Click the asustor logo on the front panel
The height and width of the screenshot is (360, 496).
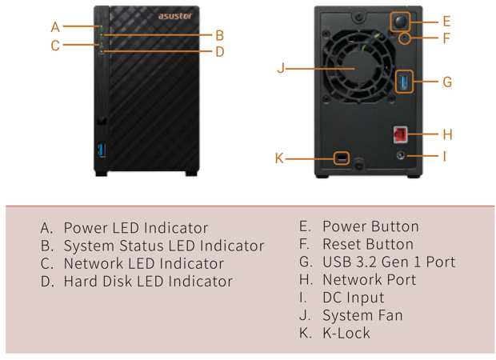[x=171, y=16]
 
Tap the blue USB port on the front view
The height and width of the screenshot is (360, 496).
[x=102, y=150]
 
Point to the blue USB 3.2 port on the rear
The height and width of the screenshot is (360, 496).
[x=406, y=81]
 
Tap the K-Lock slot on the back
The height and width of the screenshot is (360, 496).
[x=342, y=158]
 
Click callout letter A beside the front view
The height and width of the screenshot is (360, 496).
[x=55, y=27]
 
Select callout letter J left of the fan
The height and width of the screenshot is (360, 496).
[x=281, y=68]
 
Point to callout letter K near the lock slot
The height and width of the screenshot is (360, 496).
[x=279, y=158]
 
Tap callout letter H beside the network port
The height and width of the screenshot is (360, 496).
[x=447, y=134]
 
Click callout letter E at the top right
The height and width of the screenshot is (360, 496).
[x=446, y=22]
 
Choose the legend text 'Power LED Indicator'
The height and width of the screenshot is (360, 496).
[x=135, y=228]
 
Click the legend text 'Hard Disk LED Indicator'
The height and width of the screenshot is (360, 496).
[x=148, y=281]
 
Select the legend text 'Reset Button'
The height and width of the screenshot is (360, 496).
[x=367, y=244]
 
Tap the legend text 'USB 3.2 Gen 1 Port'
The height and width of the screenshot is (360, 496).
[x=388, y=262]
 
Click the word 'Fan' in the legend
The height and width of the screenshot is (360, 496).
[x=390, y=314]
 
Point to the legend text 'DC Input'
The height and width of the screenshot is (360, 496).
[x=353, y=297]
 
